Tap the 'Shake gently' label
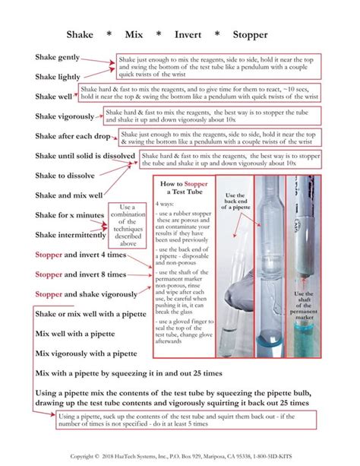57,58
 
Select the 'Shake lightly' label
57,77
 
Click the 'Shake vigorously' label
65,116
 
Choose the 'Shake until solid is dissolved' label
85,156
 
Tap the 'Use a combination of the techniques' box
128,226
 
